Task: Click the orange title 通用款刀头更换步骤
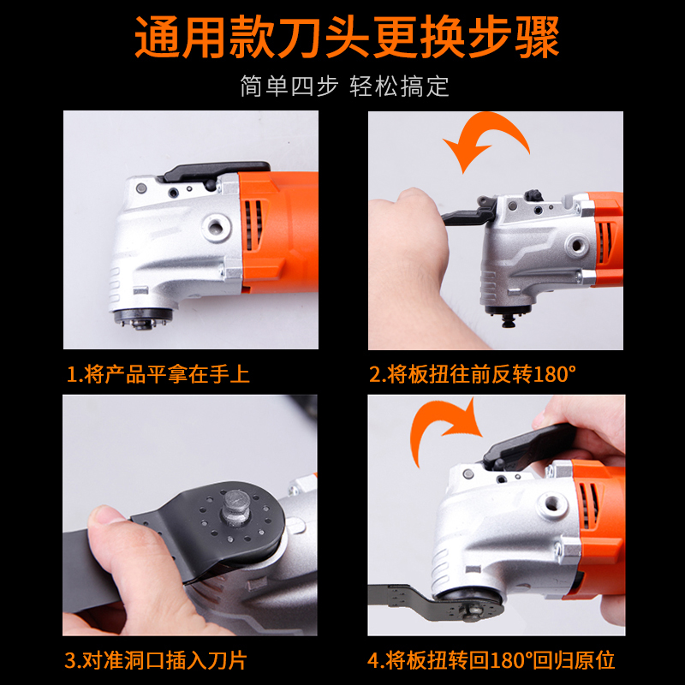click(347, 37)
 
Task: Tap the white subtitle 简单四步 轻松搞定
click(344, 86)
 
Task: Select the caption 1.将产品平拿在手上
click(158, 374)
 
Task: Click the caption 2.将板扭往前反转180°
click(473, 374)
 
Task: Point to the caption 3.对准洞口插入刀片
click(156, 660)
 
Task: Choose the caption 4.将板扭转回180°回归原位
click(491, 660)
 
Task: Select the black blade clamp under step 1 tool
click(142, 318)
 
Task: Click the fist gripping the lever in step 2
click(408, 245)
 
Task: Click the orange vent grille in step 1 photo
click(253, 225)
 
